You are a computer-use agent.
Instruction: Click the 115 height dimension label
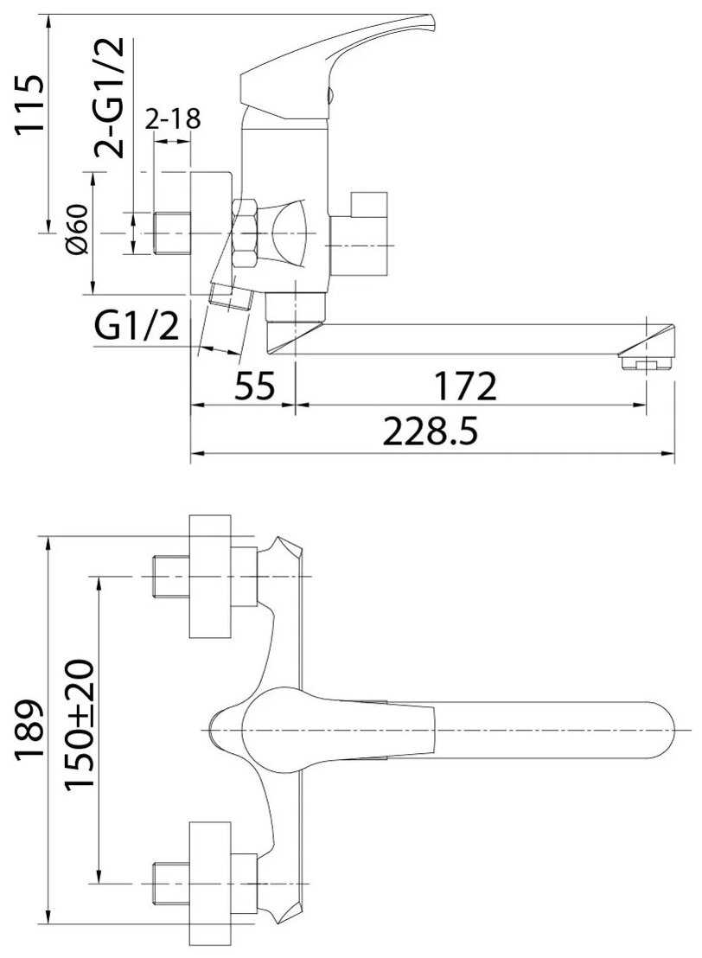coord(29,103)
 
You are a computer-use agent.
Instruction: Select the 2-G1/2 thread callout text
coord(109,98)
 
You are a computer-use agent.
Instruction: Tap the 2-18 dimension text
coord(173,118)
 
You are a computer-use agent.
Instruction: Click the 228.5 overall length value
coord(430,432)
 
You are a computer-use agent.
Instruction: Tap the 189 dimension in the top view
coord(29,730)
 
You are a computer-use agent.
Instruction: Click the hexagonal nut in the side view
coord(246,233)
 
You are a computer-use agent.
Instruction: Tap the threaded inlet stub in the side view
coord(172,233)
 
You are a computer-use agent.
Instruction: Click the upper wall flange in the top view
coord(210,576)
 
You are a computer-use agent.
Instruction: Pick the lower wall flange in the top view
coord(210,883)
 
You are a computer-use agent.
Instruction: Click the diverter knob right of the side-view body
coord(360,234)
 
